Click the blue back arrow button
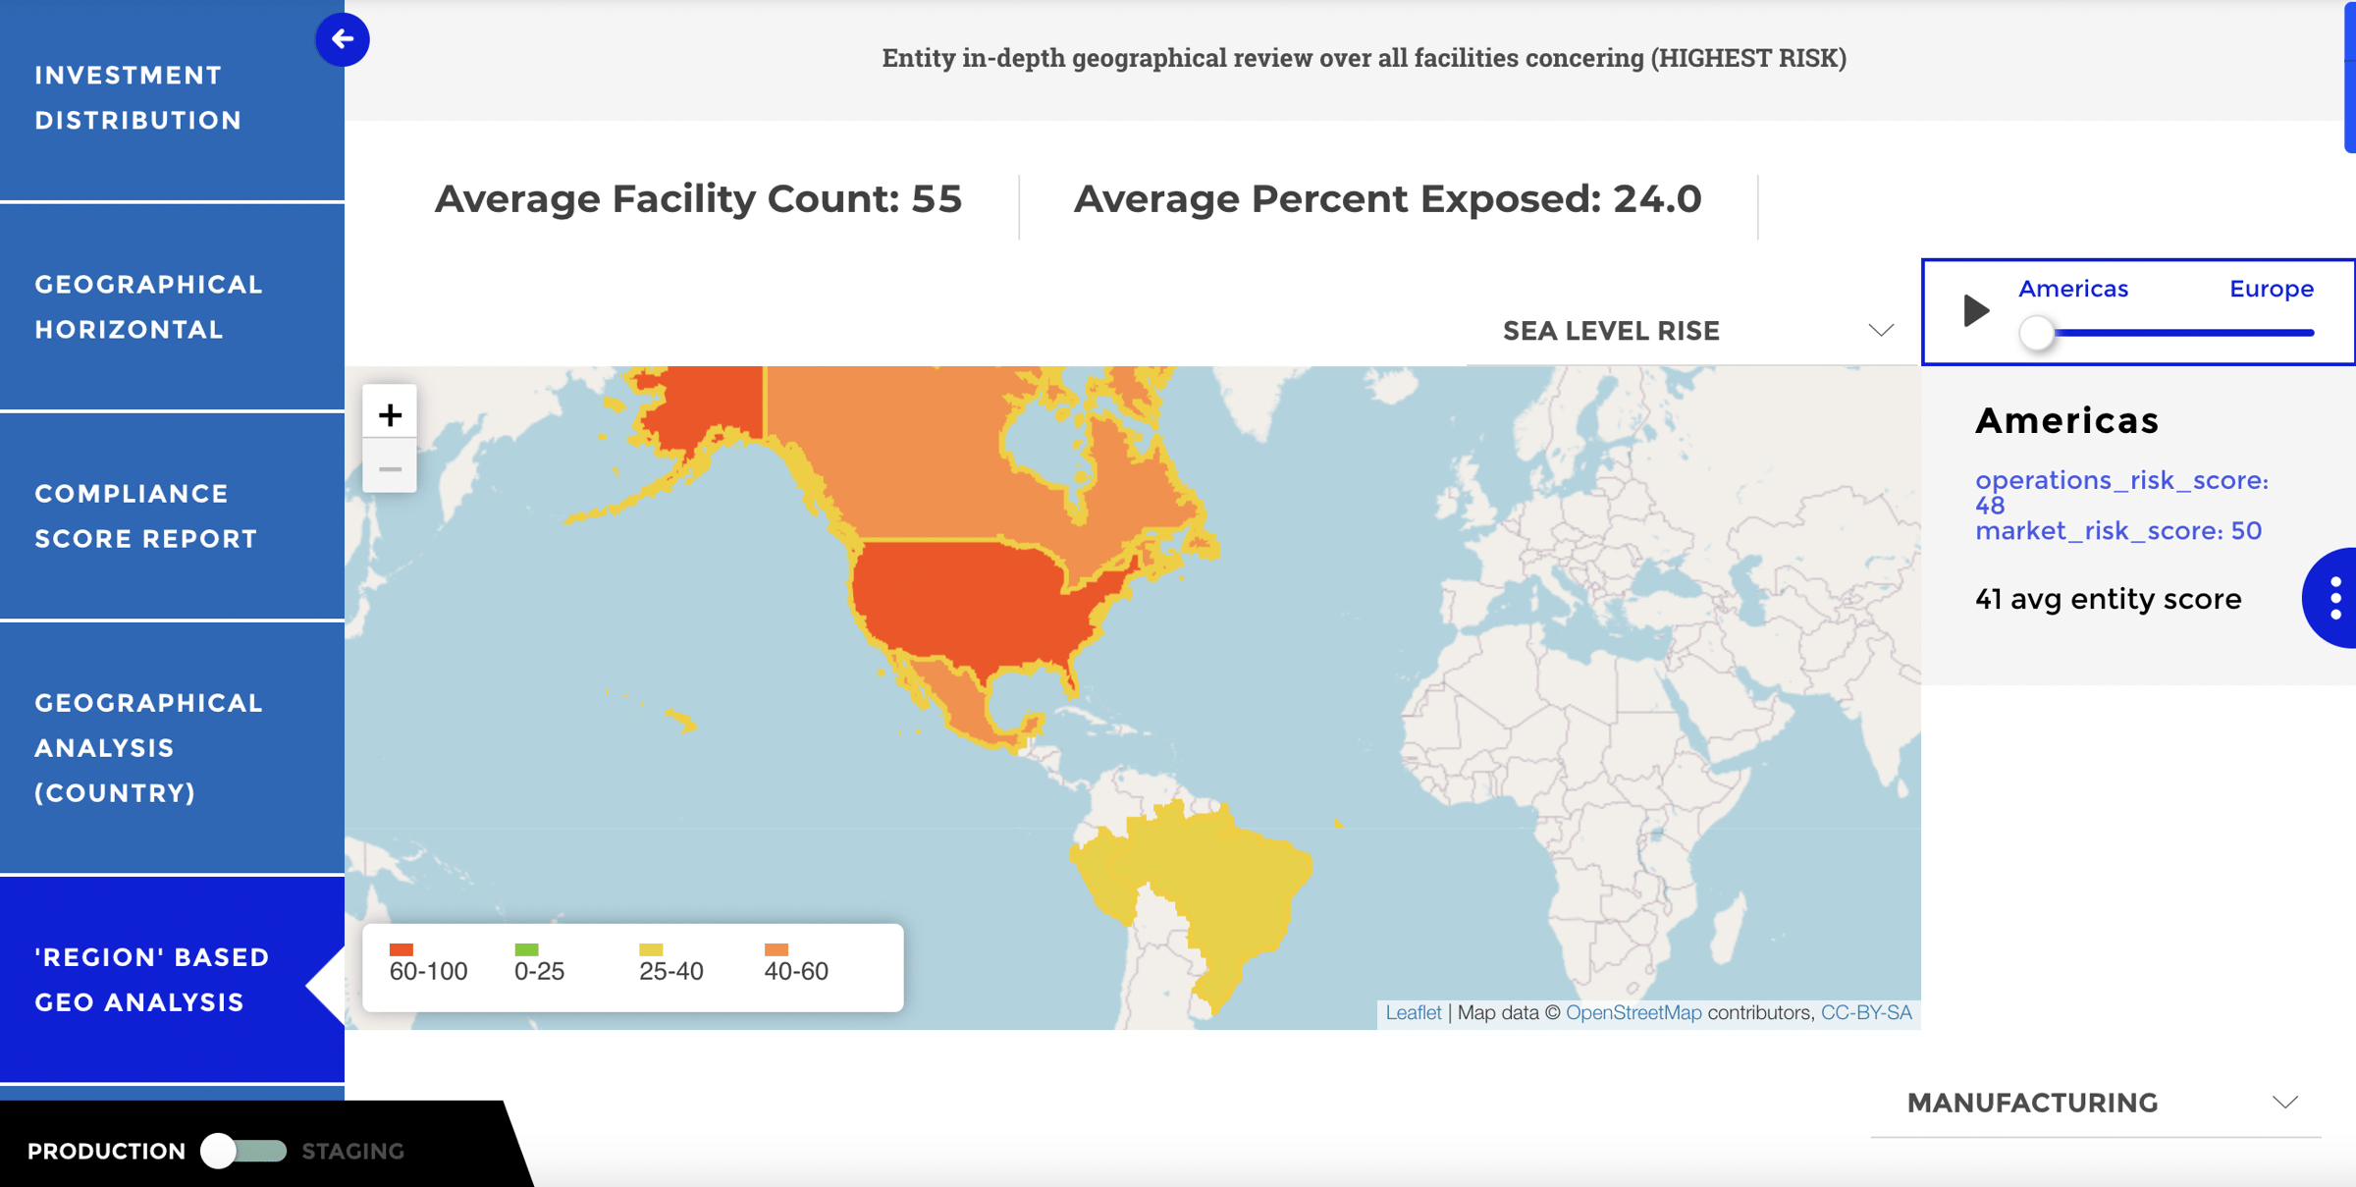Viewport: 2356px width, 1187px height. coord(342,39)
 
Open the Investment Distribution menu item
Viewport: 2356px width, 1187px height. coord(137,98)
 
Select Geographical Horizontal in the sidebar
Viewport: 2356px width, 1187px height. coord(147,307)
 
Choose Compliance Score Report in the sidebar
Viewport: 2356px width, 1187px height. coord(145,516)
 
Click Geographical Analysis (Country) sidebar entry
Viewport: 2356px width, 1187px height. coord(147,748)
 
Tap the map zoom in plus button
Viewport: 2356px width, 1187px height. coord(390,415)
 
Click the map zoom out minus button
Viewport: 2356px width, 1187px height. coord(390,469)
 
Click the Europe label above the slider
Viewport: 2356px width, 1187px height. coord(2271,289)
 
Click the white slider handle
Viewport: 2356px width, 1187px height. coord(2037,333)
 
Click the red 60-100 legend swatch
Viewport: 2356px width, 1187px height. coord(402,949)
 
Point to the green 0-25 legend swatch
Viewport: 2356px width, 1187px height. coord(526,949)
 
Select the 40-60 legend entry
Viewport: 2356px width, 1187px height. coord(795,963)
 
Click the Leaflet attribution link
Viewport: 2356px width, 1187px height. coord(1413,1012)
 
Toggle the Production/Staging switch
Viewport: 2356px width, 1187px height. coord(242,1151)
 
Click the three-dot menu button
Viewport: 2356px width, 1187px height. coord(2335,598)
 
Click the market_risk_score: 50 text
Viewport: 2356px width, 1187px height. coord(2117,531)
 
